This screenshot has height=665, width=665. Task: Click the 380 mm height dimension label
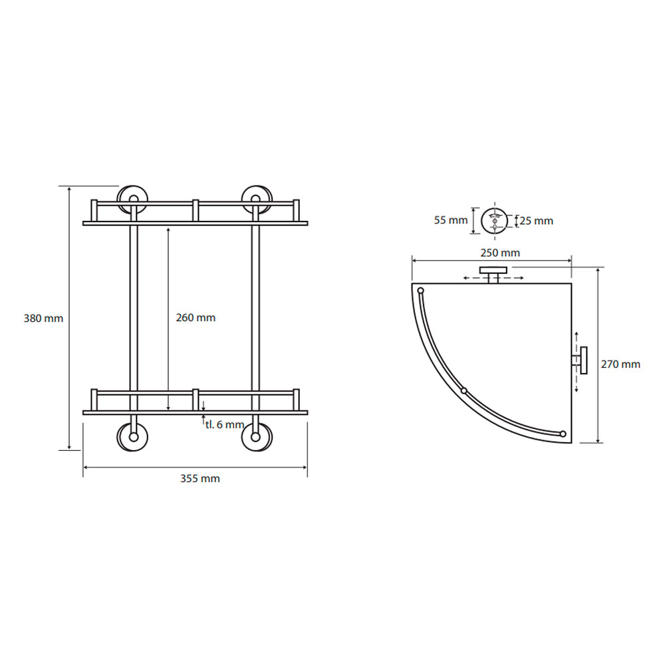(x=43, y=318)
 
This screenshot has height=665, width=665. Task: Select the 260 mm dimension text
(x=196, y=317)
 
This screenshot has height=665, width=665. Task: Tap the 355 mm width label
(x=199, y=478)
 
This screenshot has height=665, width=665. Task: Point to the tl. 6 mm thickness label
(x=225, y=424)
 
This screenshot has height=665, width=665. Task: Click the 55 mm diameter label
(x=450, y=220)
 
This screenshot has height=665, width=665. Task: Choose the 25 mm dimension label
(x=536, y=221)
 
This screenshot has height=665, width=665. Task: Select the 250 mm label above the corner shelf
(x=500, y=253)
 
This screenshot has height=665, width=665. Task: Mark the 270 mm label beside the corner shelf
(x=620, y=364)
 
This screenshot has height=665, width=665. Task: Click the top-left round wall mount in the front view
(x=133, y=199)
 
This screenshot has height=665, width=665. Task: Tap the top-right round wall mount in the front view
(x=257, y=199)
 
